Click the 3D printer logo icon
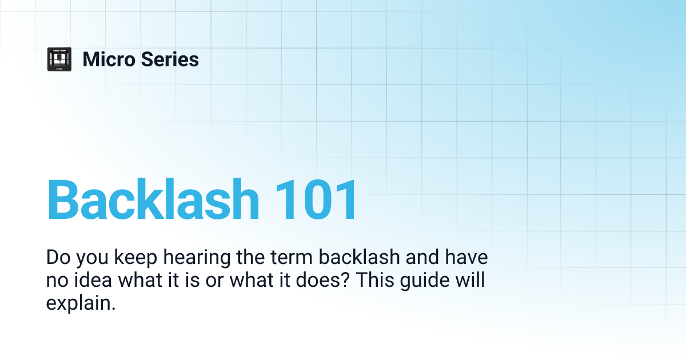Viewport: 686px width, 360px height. pos(59,59)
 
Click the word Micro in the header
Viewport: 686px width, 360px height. pos(109,59)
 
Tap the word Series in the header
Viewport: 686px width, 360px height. pos(170,59)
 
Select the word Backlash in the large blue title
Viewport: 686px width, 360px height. pos(153,199)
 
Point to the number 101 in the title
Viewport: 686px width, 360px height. pos(316,199)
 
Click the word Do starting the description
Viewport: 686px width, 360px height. pos(58,257)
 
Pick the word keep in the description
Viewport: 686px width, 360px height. pos(135,258)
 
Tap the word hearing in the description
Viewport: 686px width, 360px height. pos(197,258)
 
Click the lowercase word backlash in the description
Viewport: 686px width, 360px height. pos(359,257)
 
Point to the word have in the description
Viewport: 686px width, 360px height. pos(466,257)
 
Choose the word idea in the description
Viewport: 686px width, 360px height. pos(93,280)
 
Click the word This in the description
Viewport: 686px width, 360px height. pos(375,280)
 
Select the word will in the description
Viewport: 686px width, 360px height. pos(470,280)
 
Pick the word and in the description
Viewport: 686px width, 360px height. pos(422,257)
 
